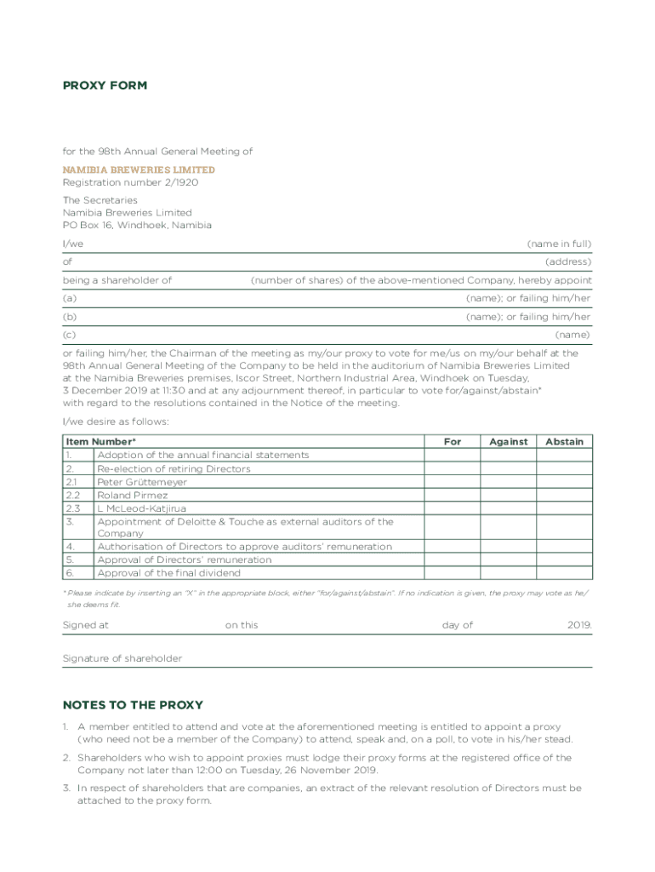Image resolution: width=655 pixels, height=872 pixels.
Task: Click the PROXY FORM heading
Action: click(105, 85)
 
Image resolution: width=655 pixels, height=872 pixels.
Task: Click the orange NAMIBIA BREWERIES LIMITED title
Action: click(139, 169)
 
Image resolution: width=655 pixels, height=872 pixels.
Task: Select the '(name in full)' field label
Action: click(559, 244)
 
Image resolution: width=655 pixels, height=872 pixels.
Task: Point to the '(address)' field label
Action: click(568, 261)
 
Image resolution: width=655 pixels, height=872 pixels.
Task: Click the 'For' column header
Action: click(453, 442)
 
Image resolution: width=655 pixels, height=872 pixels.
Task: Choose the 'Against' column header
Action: click(509, 442)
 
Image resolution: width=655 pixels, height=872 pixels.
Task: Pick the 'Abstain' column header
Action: click(565, 442)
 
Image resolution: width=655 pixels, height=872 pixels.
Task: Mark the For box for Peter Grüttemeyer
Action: click(453, 482)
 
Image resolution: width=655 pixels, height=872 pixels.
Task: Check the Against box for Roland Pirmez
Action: click(509, 495)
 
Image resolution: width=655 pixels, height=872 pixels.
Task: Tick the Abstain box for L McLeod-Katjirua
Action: click(565, 508)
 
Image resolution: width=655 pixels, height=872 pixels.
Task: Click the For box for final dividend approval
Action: click(453, 573)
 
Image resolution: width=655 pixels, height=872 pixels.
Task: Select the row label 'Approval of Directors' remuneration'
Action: click(185, 560)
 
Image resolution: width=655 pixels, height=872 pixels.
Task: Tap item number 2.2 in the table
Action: click(73, 495)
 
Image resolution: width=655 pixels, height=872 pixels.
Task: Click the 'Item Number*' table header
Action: click(100, 442)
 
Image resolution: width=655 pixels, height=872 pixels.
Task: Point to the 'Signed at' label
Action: click(86, 625)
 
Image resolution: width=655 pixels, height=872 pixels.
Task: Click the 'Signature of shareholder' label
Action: click(122, 658)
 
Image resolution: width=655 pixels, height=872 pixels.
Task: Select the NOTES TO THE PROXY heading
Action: click(133, 705)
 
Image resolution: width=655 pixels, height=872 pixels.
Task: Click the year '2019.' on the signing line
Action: click(580, 625)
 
